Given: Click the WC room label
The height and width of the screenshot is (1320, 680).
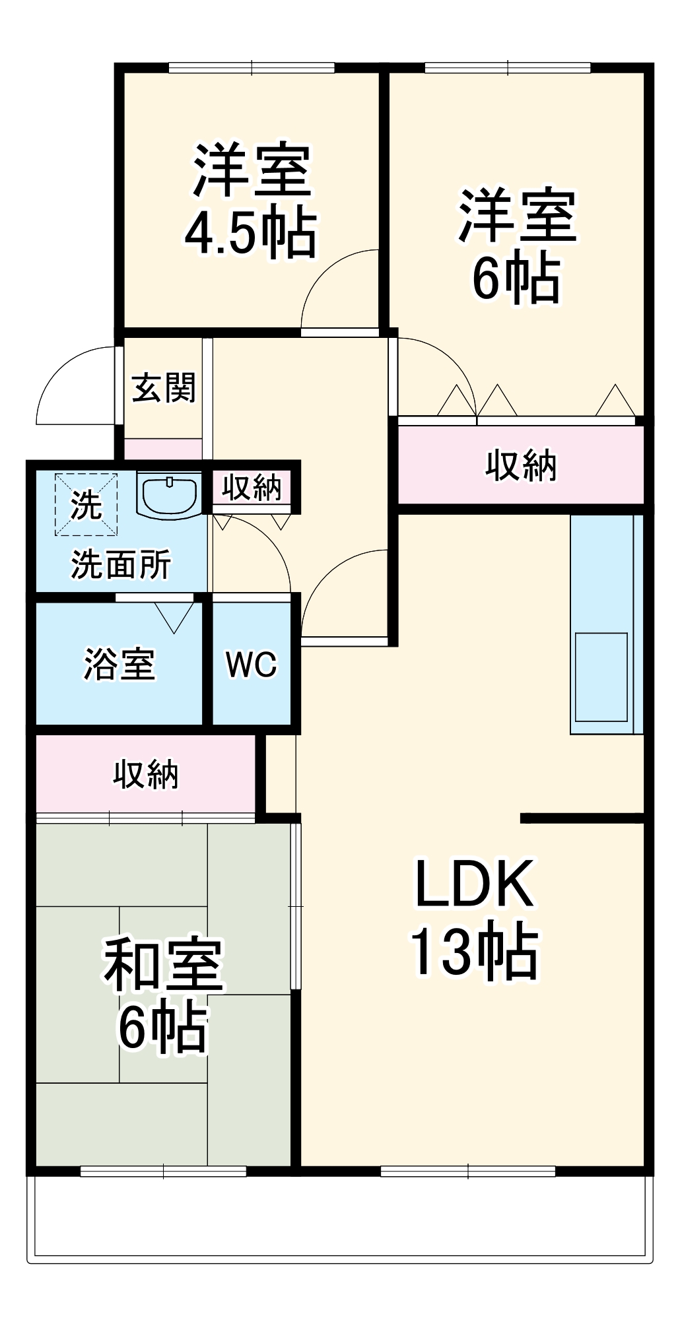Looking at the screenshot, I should (x=252, y=665).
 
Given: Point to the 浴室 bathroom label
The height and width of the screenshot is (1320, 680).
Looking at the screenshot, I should (x=119, y=664).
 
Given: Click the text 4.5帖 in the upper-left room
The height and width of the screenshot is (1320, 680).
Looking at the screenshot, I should (x=250, y=234).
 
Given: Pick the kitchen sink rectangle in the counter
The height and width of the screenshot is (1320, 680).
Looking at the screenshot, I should (x=601, y=677).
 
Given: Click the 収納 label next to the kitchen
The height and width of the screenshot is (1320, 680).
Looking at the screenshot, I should (x=521, y=466).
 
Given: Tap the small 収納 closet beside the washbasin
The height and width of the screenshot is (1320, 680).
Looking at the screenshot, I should (x=251, y=488).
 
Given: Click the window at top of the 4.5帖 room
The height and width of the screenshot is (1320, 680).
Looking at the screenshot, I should (x=252, y=67).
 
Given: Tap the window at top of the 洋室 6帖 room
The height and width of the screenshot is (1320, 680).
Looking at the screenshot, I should (x=507, y=67).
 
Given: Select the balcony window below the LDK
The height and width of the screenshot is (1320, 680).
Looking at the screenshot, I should (x=468, y=1171).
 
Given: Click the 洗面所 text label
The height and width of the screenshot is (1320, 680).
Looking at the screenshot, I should (x=121, y=565).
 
